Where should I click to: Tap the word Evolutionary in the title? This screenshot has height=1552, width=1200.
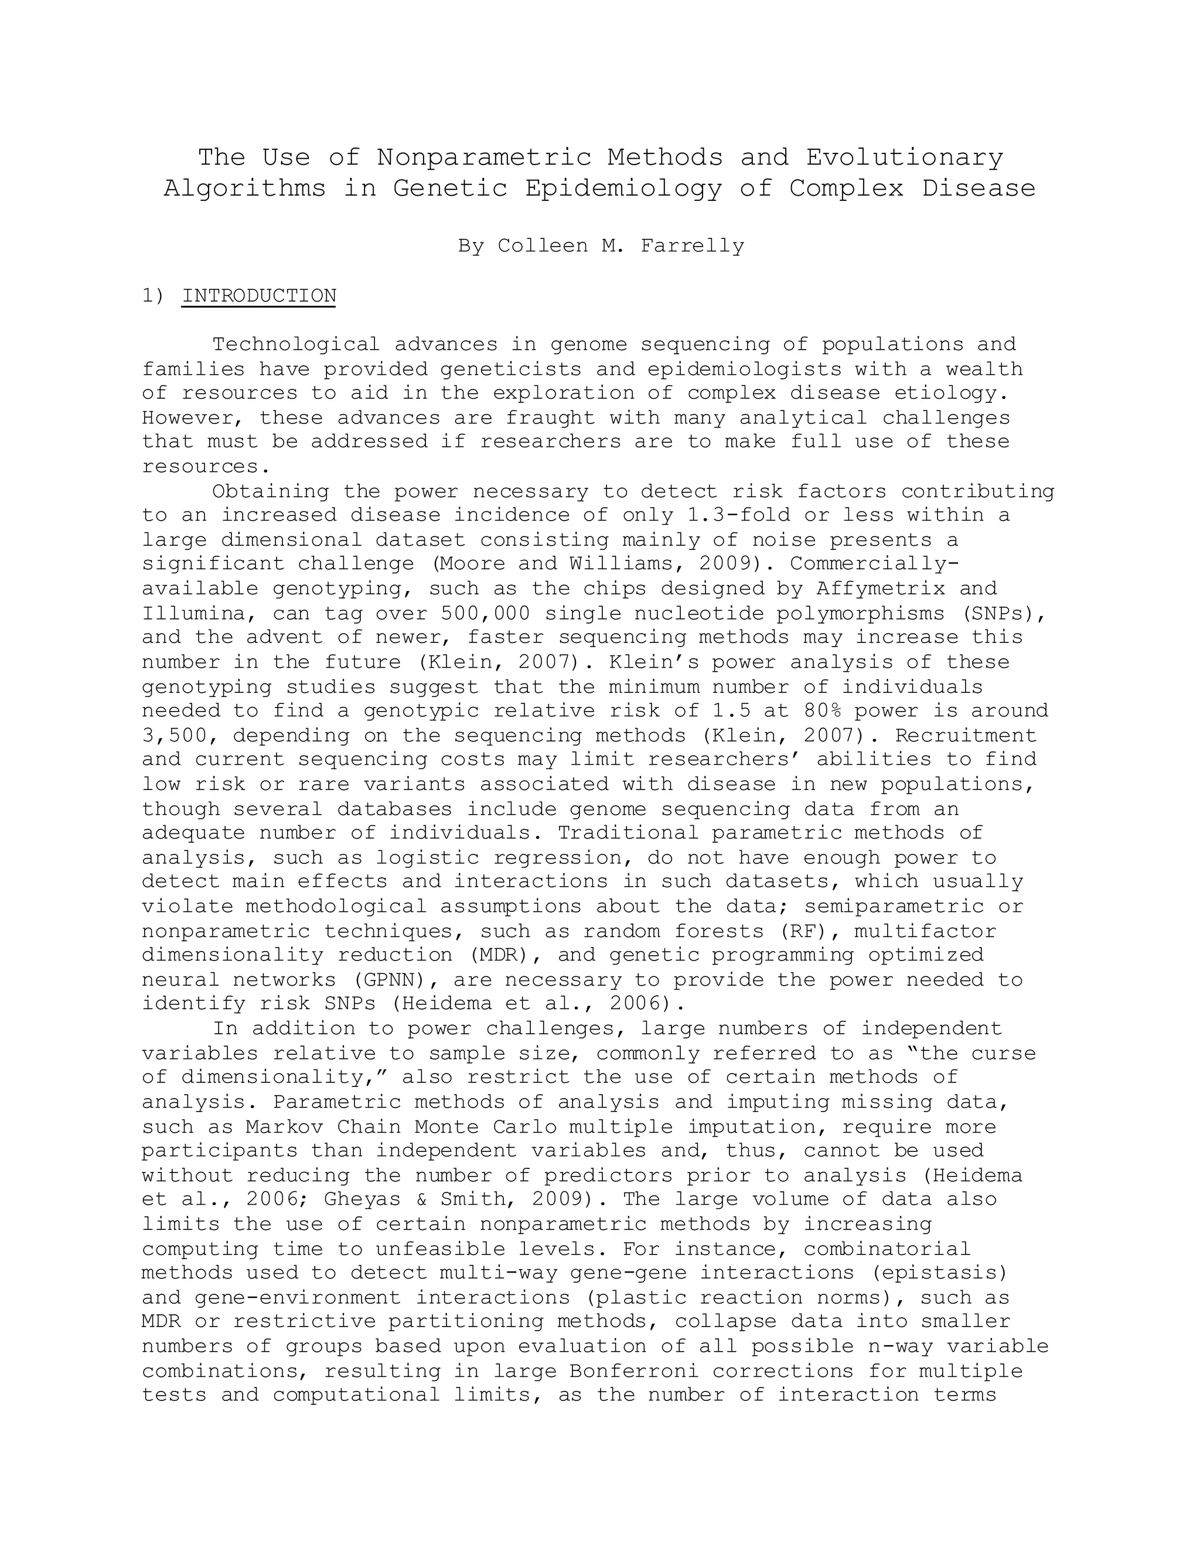(x=904, y=157)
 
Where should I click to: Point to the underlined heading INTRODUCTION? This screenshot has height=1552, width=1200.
(x=259, y=296)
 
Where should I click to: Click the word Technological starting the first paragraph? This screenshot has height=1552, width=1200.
(x=296, y=344)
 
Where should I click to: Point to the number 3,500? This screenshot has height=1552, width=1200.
(x=174, y=736)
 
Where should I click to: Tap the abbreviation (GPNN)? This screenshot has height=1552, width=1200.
(x=394, y=980)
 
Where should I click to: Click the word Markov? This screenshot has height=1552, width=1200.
(x=284, y=1127)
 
